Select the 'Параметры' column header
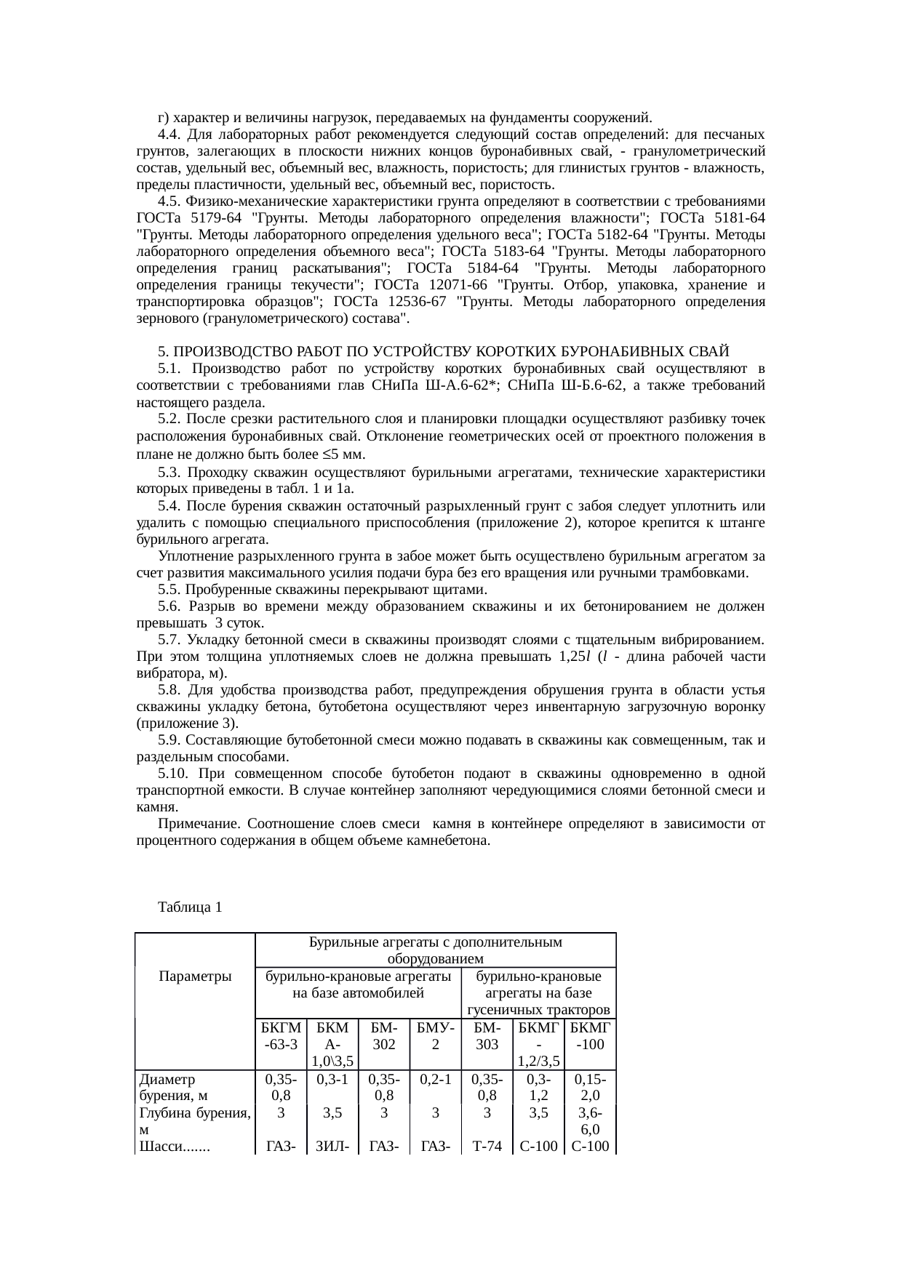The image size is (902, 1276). [195, 976]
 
